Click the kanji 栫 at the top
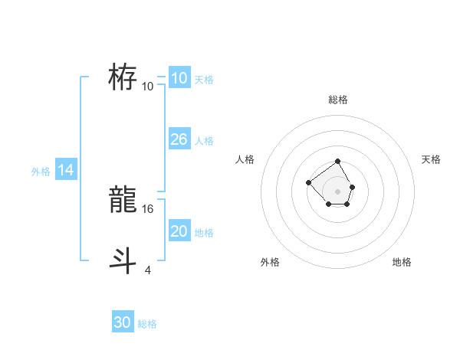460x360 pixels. [x=123, y=77]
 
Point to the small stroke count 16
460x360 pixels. [x=149, y=208]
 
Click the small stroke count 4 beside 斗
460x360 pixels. [x=148, y=269]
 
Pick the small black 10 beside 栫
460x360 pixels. [x=148, y=86]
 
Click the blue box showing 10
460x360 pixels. [x=179, y=78]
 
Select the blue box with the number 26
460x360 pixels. [x=179, y=139]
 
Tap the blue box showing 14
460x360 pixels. [x=66, y=171]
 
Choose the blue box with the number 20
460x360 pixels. [x=179, y=231]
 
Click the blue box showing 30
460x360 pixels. [x=122, y=322]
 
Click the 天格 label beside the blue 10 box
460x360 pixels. [x=204, y=80]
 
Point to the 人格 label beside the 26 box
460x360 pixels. [x=204, y=141]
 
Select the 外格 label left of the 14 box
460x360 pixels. [x=41, y=172]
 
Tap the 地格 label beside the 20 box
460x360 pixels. [x=204, y=233]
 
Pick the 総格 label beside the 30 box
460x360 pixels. [x=147, y=324]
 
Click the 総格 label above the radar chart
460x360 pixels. [x=338, y=100]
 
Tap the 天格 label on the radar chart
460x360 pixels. [x=431, y=159]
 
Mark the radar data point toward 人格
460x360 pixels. [x=308, y=182]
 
